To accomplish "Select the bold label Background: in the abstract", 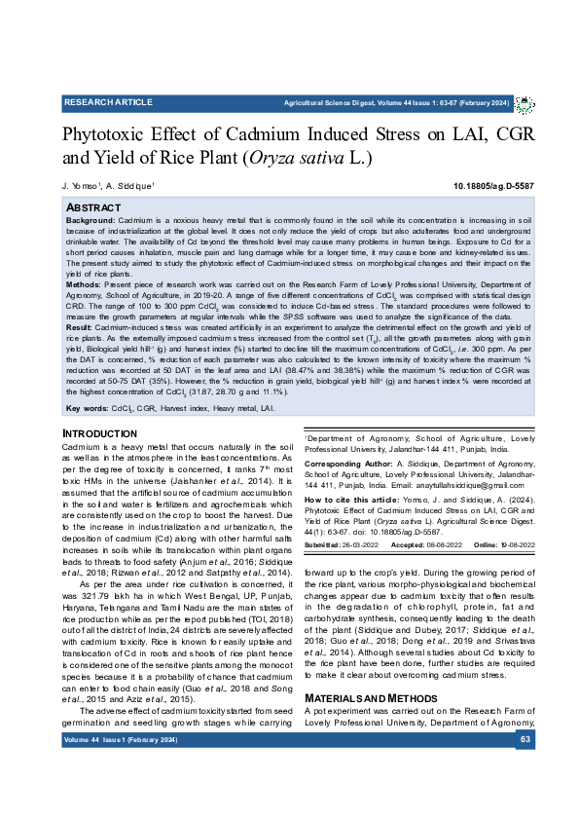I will click(x=90, y=220).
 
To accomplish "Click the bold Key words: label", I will click(x=86, y=435).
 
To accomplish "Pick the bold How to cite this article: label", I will click(x=325, y=524).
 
